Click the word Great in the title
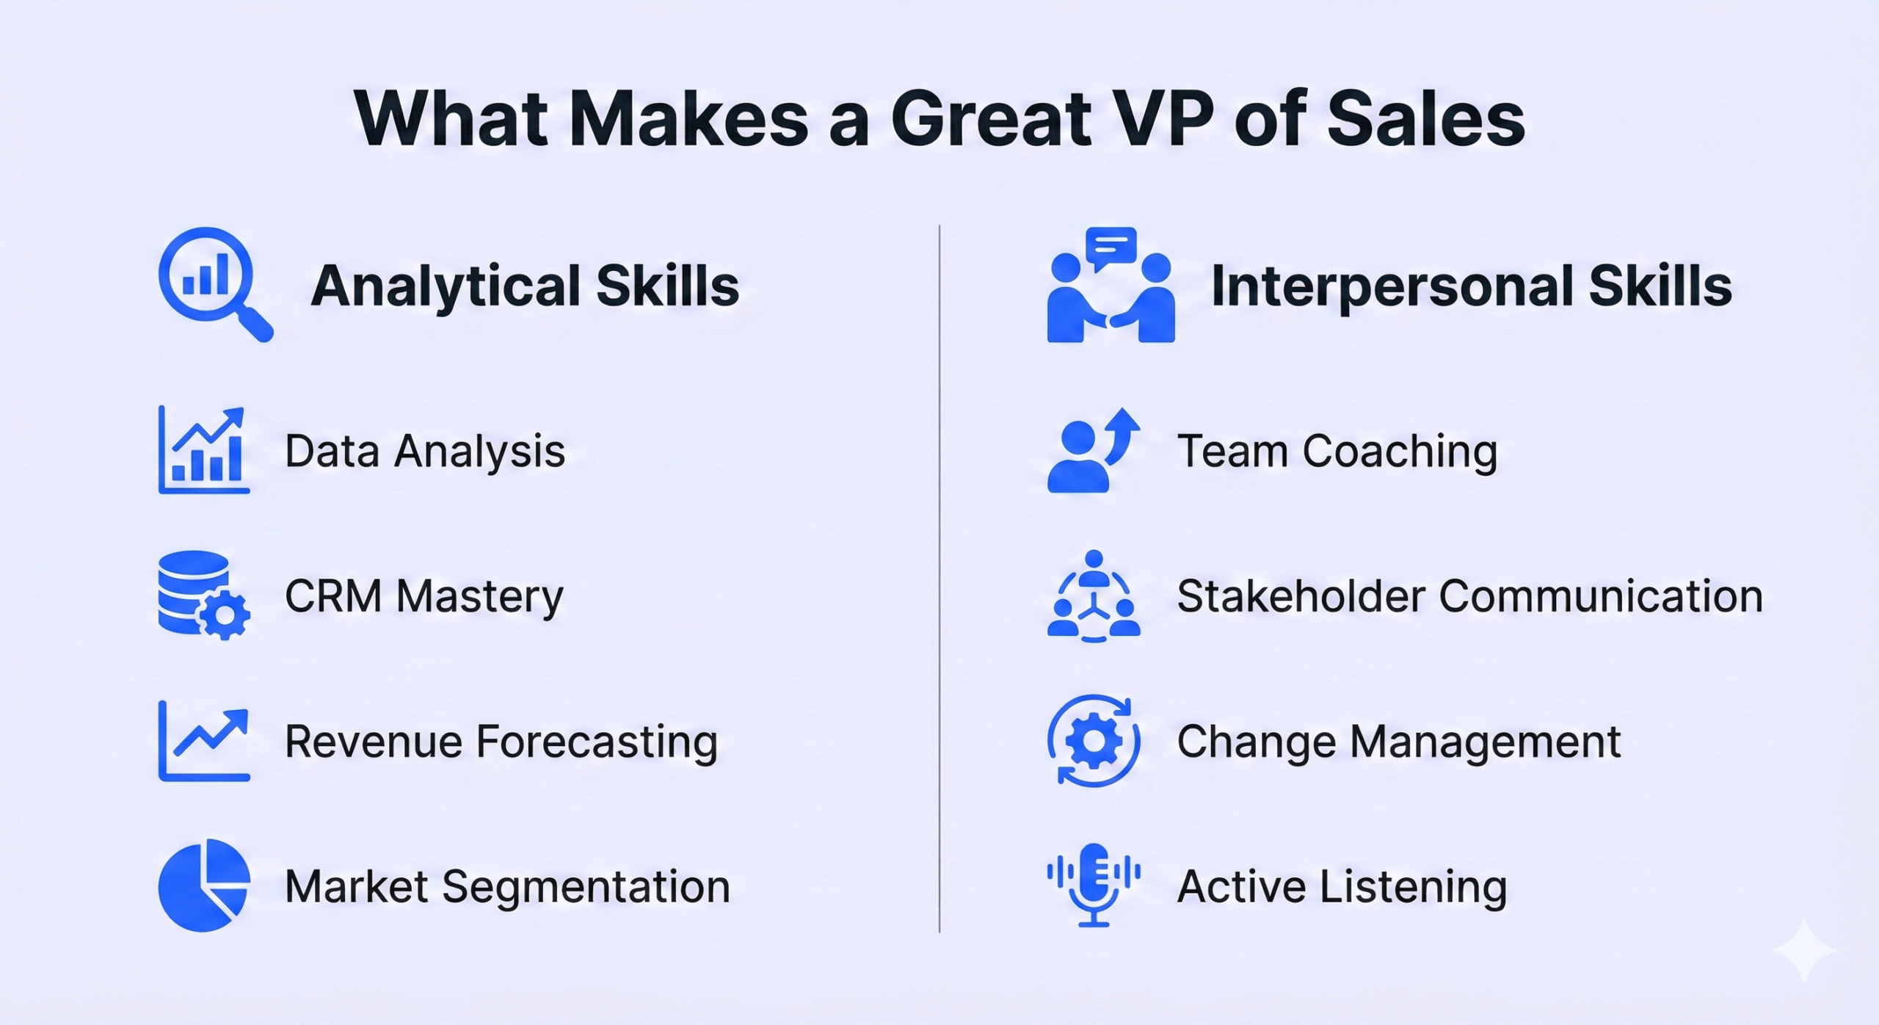(x=992, y=119)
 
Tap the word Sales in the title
(x=1426, y=119)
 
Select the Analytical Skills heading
(x=525, y=286)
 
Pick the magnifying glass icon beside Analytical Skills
(x=216, y=284)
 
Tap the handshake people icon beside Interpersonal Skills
(x=1111, y=284)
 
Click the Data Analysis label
(x=425, y=451)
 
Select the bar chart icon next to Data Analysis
(x=204, y=449)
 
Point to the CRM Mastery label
(x=424, y=595)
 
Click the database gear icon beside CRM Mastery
(x=204, y=595)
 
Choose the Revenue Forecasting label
(x=501, y=742)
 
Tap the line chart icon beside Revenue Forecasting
(x=204, y=741)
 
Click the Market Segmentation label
(x=507, y=887)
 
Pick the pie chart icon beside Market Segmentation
(x=204, y=885)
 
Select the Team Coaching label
(x=1337, y=451)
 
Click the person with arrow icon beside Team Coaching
(x=1094, y=449)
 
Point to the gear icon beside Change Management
(x=1094, y=741)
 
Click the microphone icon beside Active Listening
(x=1094, y=885)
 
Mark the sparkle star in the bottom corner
(x=1804, y=950)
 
